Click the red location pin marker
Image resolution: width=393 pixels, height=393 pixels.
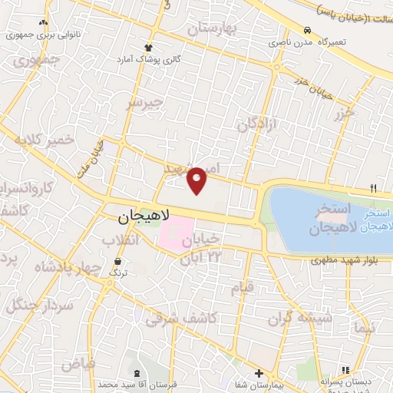click(x=198, y=180)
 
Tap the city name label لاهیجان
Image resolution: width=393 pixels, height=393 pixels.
click(x=144, y=219)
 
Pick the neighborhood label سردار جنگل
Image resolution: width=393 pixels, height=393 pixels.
click(x=40, y=305)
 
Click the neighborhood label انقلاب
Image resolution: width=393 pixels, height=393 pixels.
click(x=121, y=240)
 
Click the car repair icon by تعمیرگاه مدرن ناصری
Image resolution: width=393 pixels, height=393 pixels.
click(x=308, y=30)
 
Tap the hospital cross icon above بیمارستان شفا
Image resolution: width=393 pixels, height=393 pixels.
click(x=259, y=373)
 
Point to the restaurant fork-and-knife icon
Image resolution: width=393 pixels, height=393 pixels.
click(x=374, y=187)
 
